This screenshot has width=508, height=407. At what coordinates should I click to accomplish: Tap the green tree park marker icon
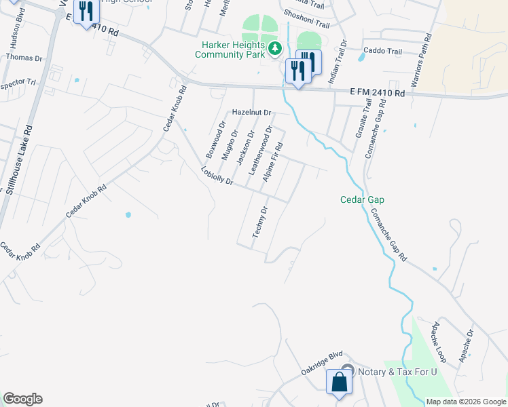click(275, 48)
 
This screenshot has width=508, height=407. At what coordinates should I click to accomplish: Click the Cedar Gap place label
click(362, 199)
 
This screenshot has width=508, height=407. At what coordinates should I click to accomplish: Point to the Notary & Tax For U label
click(396, 372)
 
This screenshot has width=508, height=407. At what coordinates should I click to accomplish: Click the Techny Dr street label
click(261, 222)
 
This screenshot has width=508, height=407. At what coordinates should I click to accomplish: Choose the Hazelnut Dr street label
click(251, 112)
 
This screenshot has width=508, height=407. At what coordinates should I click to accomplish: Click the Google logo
click(22, 399)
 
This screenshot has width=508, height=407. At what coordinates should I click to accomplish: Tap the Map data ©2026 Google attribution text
click(465, 402)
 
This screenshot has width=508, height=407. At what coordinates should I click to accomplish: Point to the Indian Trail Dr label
click(337, 62)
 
